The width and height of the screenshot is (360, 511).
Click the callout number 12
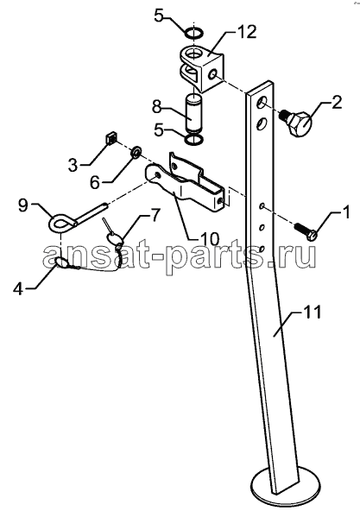click(x=247, y=32)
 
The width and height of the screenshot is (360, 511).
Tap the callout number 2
click(x=337, y=103)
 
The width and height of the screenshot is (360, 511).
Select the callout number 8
click(x=157, y=108)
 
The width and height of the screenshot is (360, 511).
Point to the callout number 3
click(x=73, y=165)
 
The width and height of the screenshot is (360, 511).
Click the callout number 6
click(x=95, y=182)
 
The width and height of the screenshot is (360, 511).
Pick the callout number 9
click(x=23, y=205)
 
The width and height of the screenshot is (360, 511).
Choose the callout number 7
click(x=155, y=216)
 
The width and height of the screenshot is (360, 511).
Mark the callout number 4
click(x=20, y=288)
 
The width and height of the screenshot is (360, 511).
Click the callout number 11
click(x=312, y=312)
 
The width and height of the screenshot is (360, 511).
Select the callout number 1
click(x=345, y=212)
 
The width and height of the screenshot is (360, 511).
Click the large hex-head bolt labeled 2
click(x=297, y=123)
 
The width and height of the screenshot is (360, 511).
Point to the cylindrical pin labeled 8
click(x=194, y=112)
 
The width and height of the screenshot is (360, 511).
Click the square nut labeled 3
click(x=111, y=138)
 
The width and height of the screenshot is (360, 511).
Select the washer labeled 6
click(x=136, y=152)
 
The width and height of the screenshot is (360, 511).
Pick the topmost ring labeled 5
click(x=194, y=33)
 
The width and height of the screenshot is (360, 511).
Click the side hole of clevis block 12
click(x=213, y=74)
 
